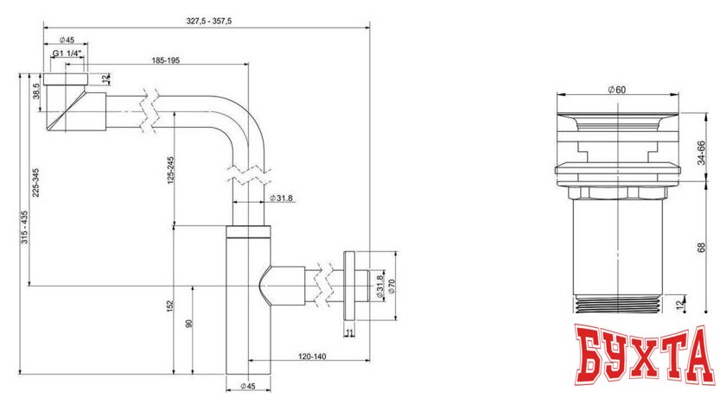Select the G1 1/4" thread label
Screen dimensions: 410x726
tap(67, 54)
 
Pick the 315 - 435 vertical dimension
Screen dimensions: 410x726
tap(24, 228)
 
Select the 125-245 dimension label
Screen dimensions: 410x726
tap(173, 170)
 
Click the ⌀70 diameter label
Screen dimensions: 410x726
tap(391, 286)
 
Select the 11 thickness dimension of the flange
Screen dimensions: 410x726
tap(348, 331)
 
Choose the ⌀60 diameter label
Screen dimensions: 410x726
tap(616, 90)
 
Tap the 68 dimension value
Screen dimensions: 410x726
tap(702, 247)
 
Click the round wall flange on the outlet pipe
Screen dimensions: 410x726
tap(349, 286)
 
